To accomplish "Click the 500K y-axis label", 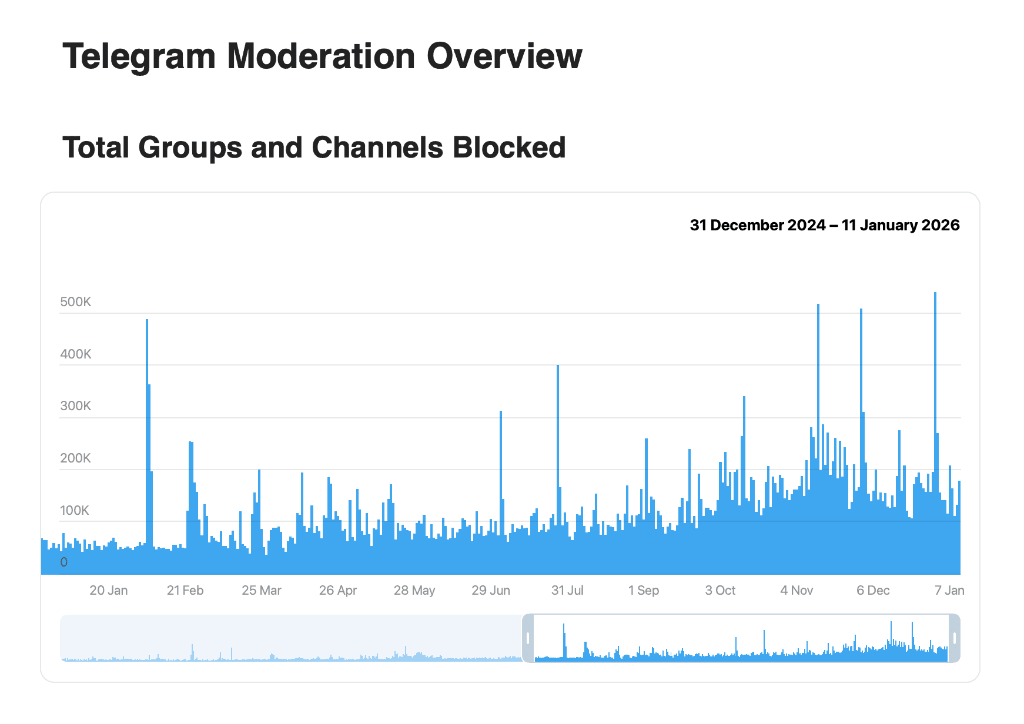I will click(75, 302).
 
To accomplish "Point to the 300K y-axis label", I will click(75, 406).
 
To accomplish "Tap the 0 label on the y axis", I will click(64, 562).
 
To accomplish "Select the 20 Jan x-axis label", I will click(108, 591).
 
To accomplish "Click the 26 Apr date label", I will click(337, 591).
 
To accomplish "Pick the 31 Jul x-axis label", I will click(567, 591).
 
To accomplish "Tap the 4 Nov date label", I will click(797, 591).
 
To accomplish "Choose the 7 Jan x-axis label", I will click(949, 591).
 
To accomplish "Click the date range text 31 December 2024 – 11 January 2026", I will click(824, 226).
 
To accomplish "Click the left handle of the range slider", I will click(528, 638).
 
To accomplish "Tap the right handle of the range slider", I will click(955, 638).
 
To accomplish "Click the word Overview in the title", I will click(504, 56).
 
